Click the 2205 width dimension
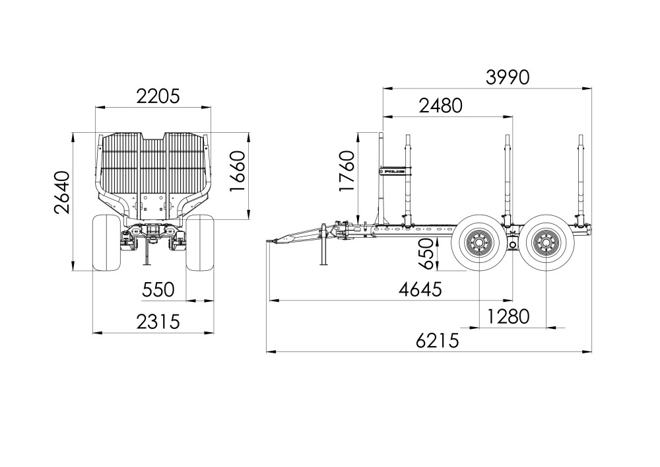(158, 96)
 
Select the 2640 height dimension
(62, 192)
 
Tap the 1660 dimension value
(238, 171)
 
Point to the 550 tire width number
(158, 290)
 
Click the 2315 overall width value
(158, 322)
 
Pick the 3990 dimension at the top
(508, 77)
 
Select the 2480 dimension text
(440, 106)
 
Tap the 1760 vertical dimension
(347, 171)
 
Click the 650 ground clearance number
(426, 254)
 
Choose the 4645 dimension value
(420, 290)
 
